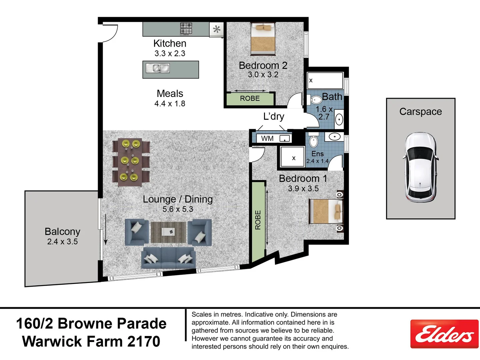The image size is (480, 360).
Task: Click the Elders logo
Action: pos(444,334)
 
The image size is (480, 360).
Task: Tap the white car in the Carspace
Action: pos(420,167)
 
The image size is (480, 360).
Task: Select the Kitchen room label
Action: pos(170,43)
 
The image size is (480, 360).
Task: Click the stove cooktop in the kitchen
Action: pos(186,29)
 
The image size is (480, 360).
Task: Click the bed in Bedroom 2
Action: pos(263,39)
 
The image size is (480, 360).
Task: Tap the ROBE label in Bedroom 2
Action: pos(250,98)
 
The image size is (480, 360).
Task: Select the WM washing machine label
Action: pos(267,138)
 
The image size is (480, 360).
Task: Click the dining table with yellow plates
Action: pos(131,161)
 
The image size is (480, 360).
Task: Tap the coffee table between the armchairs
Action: pos(168,232)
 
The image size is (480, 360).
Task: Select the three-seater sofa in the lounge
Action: pos(168,257)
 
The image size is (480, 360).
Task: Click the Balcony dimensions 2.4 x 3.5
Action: pos(62,242)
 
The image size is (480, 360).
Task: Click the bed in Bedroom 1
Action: pos(326,211)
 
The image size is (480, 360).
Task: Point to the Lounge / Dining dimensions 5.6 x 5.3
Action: pos(178,209)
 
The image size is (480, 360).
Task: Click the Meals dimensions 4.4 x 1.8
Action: pos(170,104)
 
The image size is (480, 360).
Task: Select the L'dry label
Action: pos(274,116)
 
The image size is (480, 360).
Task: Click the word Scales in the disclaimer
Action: pos(201,314)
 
